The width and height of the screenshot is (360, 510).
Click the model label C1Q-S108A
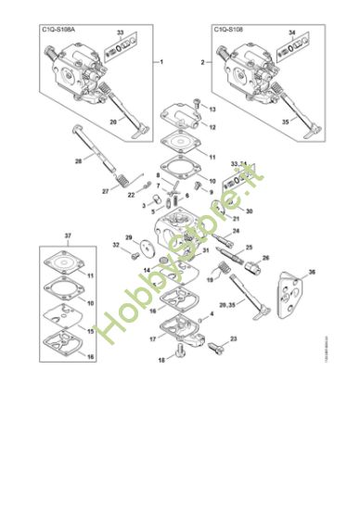[58, 31]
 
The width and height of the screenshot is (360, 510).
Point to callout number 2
[202, 61]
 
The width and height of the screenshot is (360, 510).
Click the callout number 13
[212, 109]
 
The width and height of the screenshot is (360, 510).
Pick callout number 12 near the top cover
[212, 126]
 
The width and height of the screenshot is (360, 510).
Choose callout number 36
[312, 271]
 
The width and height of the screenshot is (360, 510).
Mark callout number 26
[265, 259]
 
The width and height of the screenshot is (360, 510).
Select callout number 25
[249, 248]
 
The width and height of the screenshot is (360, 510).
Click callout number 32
[116, 245]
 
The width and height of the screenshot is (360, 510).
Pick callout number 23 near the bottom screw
[207, 339]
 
